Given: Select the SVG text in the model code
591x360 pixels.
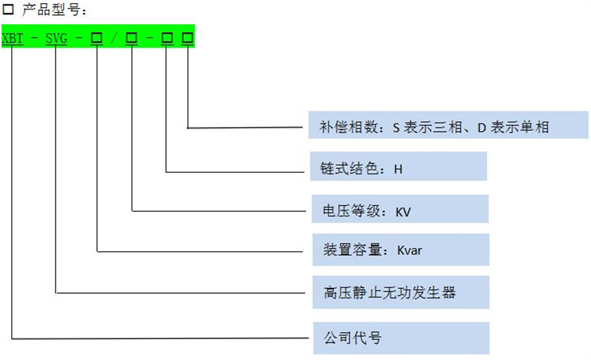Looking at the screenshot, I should (56, 39).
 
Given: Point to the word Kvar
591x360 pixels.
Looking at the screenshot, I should (410, 251).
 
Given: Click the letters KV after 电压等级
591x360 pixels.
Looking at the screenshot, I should (403, 212).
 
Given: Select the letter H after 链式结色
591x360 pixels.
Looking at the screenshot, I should (398, 168).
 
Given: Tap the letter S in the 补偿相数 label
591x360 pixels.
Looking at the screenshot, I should (396, 128).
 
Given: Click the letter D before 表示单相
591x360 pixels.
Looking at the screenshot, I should (481, 128).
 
